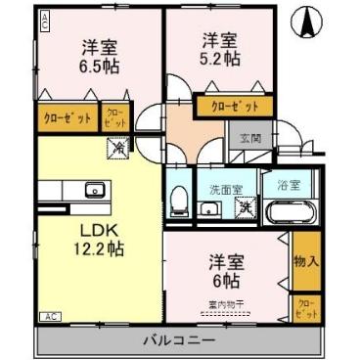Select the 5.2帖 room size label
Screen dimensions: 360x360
219,58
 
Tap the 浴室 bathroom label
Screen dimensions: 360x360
287,184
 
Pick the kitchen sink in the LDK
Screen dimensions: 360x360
96,189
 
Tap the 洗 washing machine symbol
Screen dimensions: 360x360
246,205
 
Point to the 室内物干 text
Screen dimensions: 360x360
226,303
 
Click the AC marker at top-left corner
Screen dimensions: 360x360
45,22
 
